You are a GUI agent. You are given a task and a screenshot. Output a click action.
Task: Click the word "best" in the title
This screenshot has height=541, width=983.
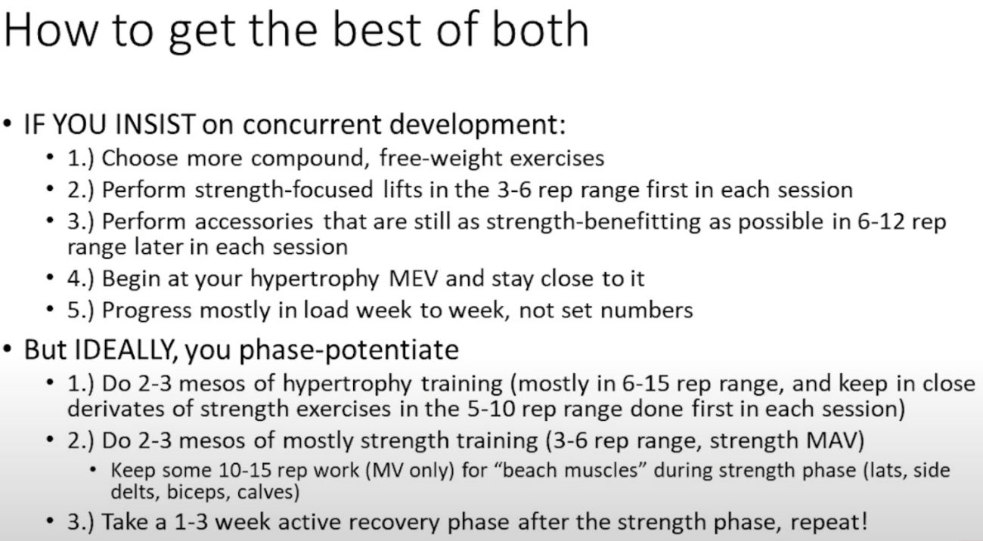tap(377, 29)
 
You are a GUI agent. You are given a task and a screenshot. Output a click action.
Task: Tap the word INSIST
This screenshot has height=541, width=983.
tap(155, 124)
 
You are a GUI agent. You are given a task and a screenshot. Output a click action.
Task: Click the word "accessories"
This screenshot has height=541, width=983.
tap(253, 222)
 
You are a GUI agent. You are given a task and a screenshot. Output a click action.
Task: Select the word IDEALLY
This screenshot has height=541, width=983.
tap(122, 350)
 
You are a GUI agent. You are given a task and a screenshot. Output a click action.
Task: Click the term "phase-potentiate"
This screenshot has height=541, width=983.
tap(349, 351)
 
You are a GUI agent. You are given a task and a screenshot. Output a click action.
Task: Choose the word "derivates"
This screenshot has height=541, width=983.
tap(116, 409)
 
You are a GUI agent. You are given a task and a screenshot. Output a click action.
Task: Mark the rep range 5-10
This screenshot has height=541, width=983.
tap(491, 409)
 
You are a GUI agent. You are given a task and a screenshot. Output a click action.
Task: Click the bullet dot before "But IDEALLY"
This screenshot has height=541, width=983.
tap(8, 349)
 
